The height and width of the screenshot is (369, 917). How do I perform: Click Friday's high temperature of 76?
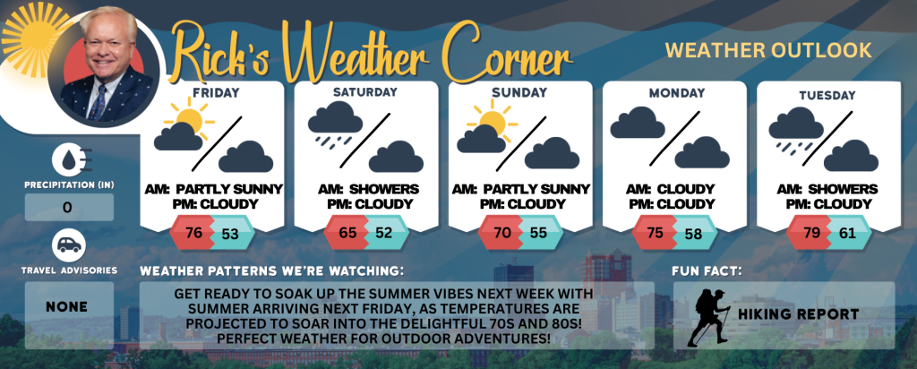pyautogui.click(x=193, y=233)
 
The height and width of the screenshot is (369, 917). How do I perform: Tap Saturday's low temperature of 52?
pyautogui.click(x=383, y=233)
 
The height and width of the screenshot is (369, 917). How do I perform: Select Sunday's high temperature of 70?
pyautogui.click(x=502, y=233)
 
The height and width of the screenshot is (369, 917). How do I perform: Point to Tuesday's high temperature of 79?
pyautogui.click(x=811, y=233)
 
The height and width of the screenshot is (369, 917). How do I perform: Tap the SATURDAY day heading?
pyautogui.click(x=365, y=92)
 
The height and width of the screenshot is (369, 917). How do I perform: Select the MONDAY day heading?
pyautogui.click(x=677, y=92)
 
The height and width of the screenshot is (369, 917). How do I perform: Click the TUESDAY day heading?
pyautogui.click(x=827, y=95)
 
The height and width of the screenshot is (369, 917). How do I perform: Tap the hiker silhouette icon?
pyautogui.click(x=709, y=317)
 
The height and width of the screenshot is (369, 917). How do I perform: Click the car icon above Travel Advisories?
pyautogui.click(x=69, y=245)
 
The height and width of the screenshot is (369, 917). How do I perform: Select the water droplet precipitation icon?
pyautogui.click(x=68, y=159)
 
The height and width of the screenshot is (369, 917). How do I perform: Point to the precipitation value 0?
pyautogui.click(x=68, y=208)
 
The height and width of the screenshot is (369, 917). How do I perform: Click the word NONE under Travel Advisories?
pyautogui.click(x=68, y=307)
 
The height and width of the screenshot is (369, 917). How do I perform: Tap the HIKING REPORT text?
pyautogui.click(x=798, y=314)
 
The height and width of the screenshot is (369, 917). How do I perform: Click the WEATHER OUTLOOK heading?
pyautogui.click(x=768, y=50)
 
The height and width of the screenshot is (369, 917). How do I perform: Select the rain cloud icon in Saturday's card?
pyautogui.click(x=335, y=124)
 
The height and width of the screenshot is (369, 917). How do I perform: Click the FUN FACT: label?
pyautogui.click(x=698, y=271)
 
